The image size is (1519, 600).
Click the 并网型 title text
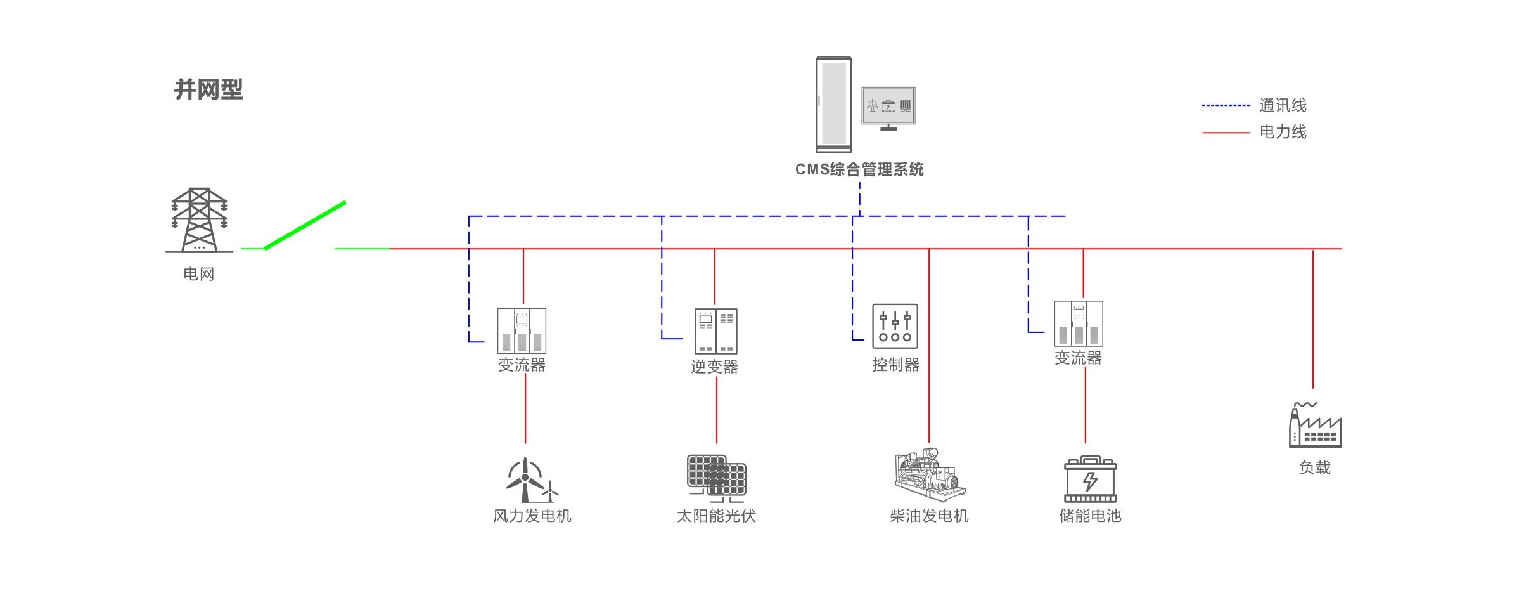[208, 89]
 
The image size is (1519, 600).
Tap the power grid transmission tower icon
[199, 220]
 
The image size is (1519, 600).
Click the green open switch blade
[305, 225]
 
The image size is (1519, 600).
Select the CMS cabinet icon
[833, 105]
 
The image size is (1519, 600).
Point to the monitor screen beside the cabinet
[888, 106]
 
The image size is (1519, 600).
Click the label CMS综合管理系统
[859, 169]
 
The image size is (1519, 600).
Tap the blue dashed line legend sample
[1226, 106]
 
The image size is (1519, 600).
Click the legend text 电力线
[1283, 132]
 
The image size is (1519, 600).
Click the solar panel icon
[717, 476]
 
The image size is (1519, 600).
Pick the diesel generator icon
[929, 476]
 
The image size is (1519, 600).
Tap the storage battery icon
[1090, 479]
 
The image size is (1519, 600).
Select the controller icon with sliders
[895, 326]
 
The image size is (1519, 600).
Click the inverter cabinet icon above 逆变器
[715, 331]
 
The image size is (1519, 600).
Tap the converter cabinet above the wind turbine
[522, 330]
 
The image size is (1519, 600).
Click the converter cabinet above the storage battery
[1078, 323]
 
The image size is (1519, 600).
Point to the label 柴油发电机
[929, 516]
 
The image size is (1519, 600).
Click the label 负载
[1314, 468]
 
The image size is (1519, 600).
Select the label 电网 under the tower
[198, 274]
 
